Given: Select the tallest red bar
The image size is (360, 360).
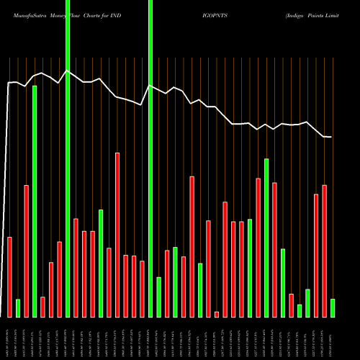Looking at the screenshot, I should point(117,235).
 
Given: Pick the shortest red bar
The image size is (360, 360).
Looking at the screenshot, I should point(217,314).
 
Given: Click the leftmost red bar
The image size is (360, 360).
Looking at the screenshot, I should point(9,276).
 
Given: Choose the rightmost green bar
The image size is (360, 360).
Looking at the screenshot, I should point(333,307).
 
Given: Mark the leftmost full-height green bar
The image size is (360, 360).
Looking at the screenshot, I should point(68,158).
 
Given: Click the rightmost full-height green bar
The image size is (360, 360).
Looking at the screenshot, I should point(150,158).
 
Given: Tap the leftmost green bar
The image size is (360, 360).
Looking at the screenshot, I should point(18,307).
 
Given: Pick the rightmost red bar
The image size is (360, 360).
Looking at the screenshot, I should point(325,251).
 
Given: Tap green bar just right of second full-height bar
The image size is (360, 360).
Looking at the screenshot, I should point(158,297).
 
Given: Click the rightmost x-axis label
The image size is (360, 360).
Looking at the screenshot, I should point(333,338).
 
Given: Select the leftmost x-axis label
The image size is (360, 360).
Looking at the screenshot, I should point(9,338).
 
